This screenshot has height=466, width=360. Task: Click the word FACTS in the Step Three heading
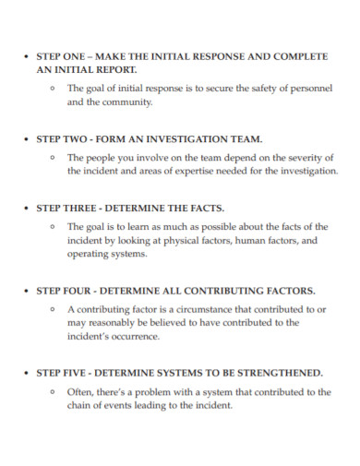click(x=203, y=208)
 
